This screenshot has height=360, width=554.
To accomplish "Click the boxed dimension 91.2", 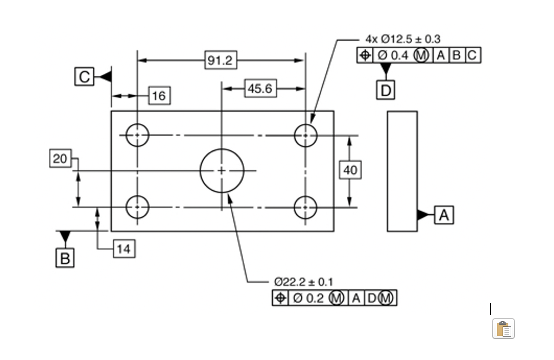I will pyautogui.click(x=221, y=60).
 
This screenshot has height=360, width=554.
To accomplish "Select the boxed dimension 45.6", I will pyautogui.click(x=260, y=89).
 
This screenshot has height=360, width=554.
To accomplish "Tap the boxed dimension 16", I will pyautogui.click(x=159, y=96).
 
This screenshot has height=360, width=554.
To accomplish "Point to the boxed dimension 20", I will pyautogui.click(x=60, y=159).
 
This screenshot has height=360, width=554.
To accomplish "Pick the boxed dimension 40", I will pyautogui.click(x=350, y=170).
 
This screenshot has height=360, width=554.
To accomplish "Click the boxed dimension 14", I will pyautogui.click(x=124, y=249).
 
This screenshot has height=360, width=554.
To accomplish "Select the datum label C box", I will pyautogui.click(x=84, y=77).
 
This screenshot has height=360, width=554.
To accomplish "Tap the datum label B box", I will pyautogui.click(x=65, y=259).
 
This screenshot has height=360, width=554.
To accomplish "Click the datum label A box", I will pyautogui.click(x=444, y=215).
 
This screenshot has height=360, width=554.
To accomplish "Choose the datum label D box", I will pyautogui.click(x=386, y=90).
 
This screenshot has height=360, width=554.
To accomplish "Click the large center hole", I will pyautogui.click(x=222, y=170).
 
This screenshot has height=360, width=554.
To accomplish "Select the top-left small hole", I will pyautogui.click(x=138, y=135).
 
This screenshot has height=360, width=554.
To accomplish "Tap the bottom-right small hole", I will pyautogui.click(x=306, y=207).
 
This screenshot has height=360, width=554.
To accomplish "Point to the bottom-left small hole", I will pyautogui.click(x=138, y=207).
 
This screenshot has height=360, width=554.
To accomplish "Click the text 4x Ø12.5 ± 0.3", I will pyautogui.click(x=403, y=39).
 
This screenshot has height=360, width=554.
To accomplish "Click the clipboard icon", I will pyautogui.click(x=503, y=329).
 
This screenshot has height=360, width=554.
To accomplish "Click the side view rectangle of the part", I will pyautogui.click(x=402, y=171).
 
